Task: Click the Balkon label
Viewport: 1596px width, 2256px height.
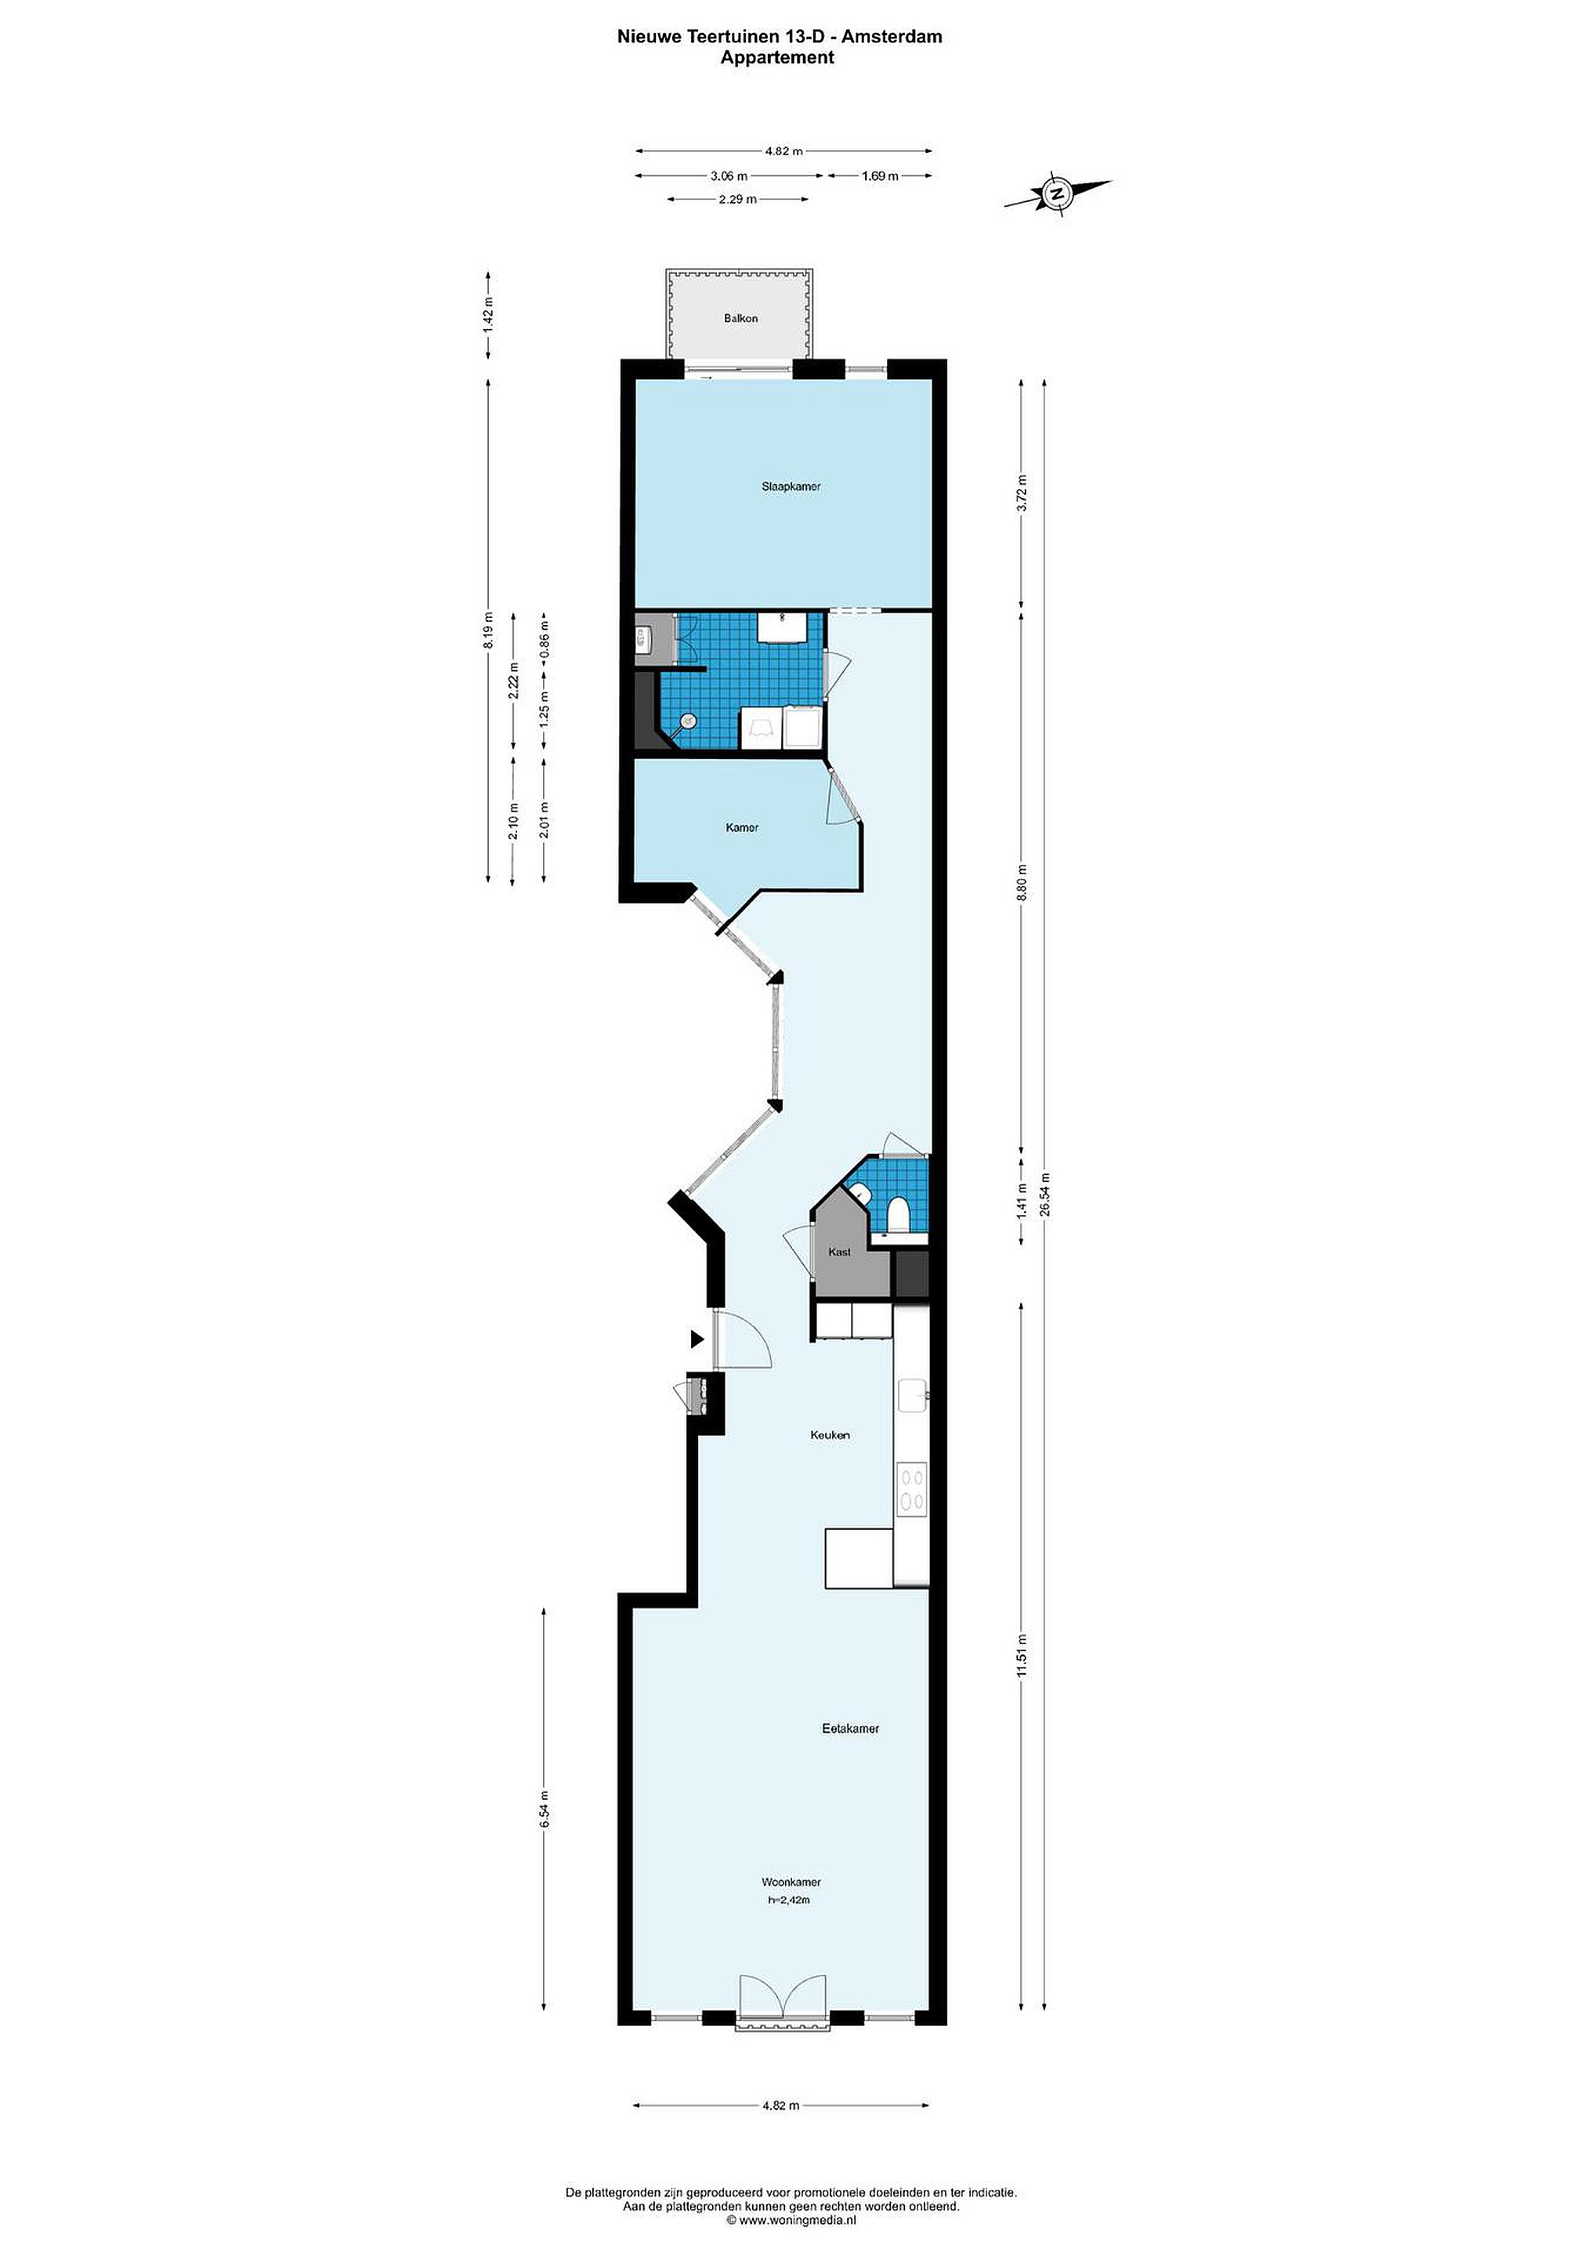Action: tap(741, 318)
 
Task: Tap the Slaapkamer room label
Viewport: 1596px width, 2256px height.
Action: tap(791, 486)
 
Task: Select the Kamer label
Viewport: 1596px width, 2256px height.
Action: tap(742, 827)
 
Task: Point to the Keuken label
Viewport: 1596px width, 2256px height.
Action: tap(830, 1434)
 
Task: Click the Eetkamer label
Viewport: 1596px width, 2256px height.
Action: tap(850, 1728)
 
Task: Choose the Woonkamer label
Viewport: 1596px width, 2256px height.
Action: tap(791, 1882)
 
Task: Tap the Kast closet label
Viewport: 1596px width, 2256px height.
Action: tap(839, 1252)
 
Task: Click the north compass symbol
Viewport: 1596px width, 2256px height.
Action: tap(1058, 193)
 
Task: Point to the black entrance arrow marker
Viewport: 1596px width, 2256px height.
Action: tap(697, 1338)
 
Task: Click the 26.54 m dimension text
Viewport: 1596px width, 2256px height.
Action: tap(1046, 1195)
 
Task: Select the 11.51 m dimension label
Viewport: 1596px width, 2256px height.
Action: tap(1022, 1661)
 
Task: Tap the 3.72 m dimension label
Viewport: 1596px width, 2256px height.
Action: tap(1022, 494)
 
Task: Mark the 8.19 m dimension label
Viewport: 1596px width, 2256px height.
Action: tap(488, 629)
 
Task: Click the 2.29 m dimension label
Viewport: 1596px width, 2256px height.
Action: tap(737, 200)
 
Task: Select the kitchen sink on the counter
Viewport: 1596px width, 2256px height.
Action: tap(912, 1394)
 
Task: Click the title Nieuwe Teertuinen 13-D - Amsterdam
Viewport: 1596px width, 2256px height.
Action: tap(780, 36)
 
